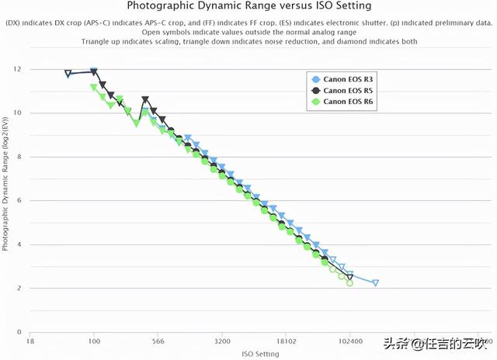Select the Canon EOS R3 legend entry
(348, 79)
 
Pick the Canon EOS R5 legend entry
(348, 90)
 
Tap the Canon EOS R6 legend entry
(348, 101)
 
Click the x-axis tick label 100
(94, 341)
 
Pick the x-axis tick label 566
(158, 341)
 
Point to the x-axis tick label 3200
(222, 341)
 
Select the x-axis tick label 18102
(287, 341)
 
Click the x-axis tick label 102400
(350, 341)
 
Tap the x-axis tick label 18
(30, 341)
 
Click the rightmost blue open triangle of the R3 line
(376, 283)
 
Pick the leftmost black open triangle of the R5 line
(68, 74)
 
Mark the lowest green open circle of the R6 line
(349, 283)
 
